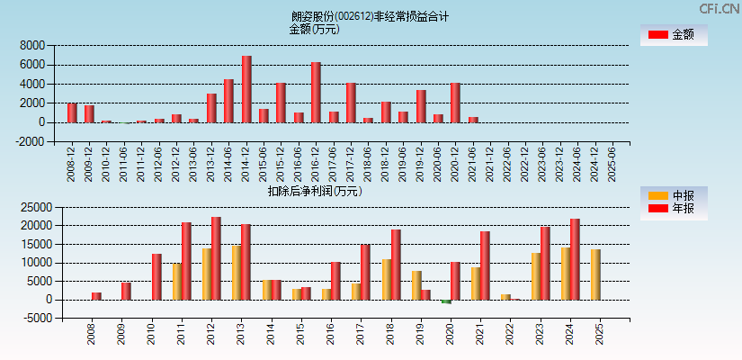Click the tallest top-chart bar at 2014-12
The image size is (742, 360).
(x=246, y=89)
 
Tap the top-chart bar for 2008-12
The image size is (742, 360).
(x=72, y=112)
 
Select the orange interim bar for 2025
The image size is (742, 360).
(x=595, y=274)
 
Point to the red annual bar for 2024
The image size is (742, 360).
(x=575, y=259)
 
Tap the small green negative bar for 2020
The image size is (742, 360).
(x=446, y=301)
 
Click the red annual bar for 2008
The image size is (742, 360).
(x=96, y=296)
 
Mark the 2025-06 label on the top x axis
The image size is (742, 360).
(x=612, y=164)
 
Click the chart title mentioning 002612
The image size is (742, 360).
(x=370, y=16)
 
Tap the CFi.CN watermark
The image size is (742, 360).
(x=719, y=8)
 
